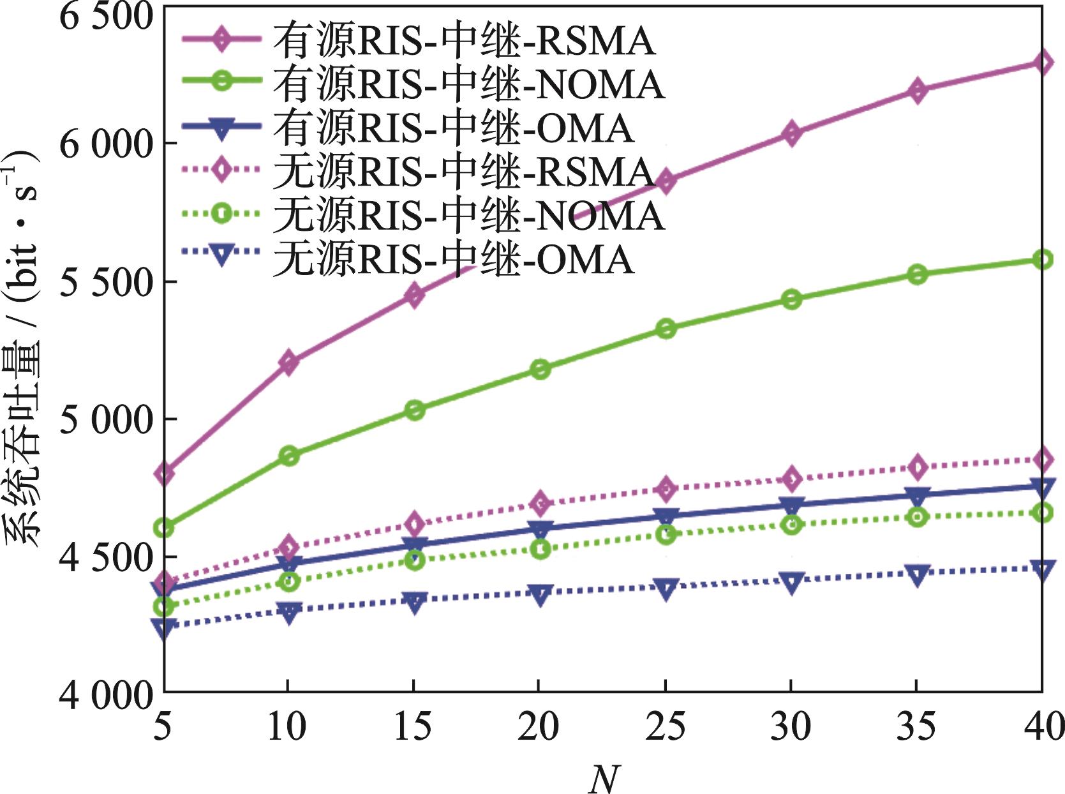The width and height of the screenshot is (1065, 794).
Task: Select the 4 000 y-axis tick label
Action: click(x=106, y=694)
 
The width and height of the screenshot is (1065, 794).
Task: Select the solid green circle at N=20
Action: click(x=540, y=370)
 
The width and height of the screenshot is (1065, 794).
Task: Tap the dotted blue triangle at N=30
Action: click(x=791, y=582)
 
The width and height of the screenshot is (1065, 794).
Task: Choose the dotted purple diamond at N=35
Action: click(x=917, y=467)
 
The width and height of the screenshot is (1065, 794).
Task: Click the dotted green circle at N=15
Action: click(x=414, y=560)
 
